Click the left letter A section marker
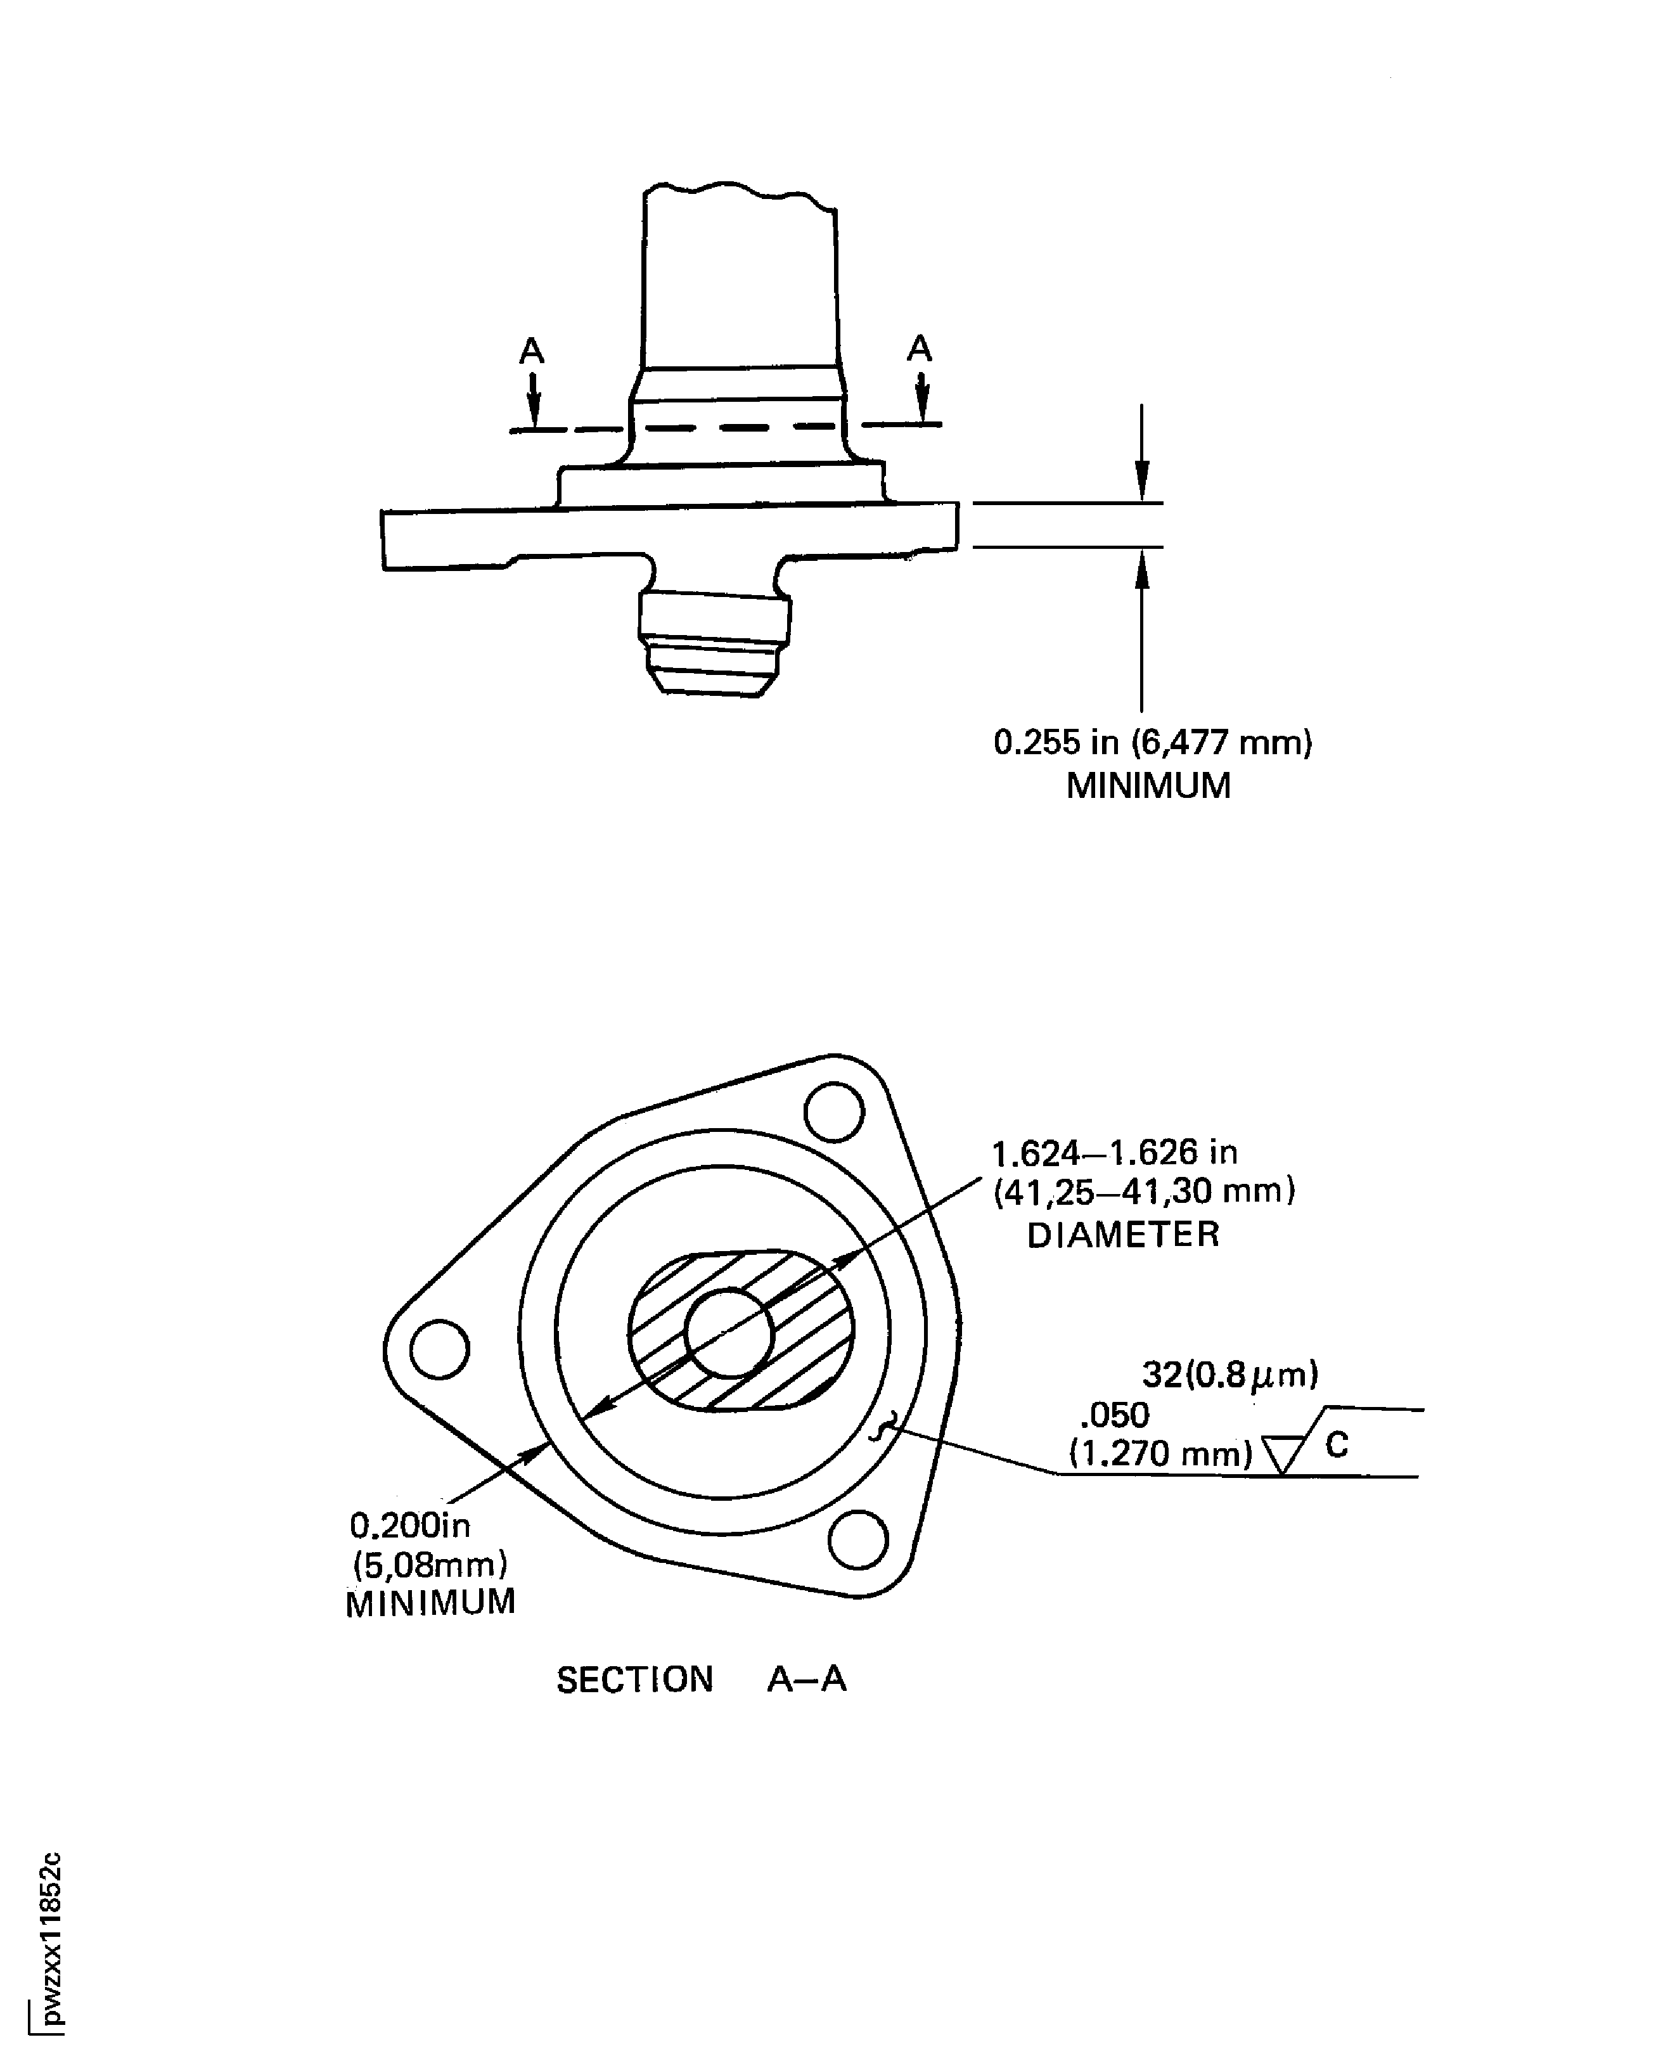coord(532,350)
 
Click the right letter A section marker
coord(920,347)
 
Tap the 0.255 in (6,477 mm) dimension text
coord(1153,743)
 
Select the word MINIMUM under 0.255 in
coord(1148,787)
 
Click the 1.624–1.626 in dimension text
coord(1114,1152)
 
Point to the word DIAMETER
coord(1123,1235)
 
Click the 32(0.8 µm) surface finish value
coord(1230,1374)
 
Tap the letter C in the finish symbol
coord(1337,1444)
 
